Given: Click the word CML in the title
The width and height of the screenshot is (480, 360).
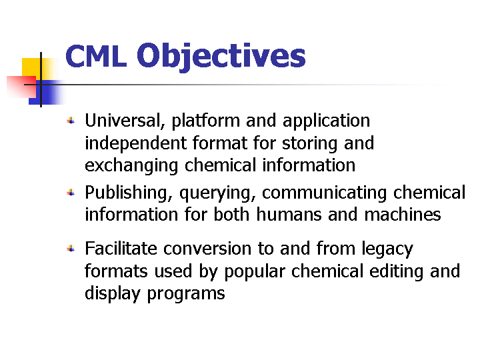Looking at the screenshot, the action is pyautogui.click(x=96, y=56).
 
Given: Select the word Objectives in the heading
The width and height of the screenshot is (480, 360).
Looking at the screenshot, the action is pyautogui.click(x=221, y=57).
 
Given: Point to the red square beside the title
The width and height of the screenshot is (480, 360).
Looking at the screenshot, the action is pyautogui.click(x=21, y=87).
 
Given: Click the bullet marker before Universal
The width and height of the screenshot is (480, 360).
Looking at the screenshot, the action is pyautogui.click(x=71, y=121).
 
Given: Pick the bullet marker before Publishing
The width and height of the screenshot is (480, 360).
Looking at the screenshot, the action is pyautogui.click(x=71, y=193).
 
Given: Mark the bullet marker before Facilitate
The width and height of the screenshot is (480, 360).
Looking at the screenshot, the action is pyautogui.click(x=71, y=248).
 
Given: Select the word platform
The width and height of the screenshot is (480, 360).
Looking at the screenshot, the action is pyautogui.click(x=206, y=121).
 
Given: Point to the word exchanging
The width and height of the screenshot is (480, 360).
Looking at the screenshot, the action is pyautogui.click(x=131, y=165).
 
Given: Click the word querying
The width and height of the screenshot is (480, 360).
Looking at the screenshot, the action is pyautogui.click(x=217, y=193).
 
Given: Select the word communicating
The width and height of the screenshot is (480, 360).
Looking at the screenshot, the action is pyautogui.click(x=324, y=193).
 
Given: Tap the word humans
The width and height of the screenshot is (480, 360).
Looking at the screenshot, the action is pyautogui.click(x=289, y=214).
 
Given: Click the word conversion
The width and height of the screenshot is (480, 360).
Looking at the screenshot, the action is pyautogui.click(x=207, y=248).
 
